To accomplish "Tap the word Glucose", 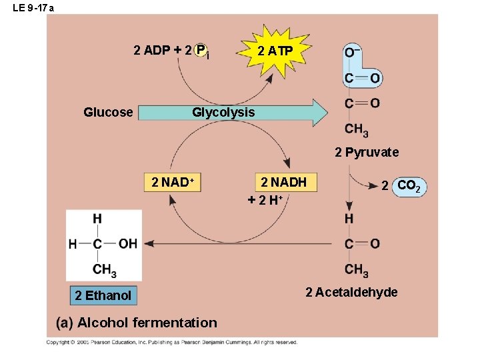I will point(108,112).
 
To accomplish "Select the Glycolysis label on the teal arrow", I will point(223,112).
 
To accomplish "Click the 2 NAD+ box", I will point(173,182).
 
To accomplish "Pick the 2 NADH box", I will point(283,182).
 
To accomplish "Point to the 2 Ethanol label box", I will point(103,295).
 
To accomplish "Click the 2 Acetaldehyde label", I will point(351,292).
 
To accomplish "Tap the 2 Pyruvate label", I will point(367,152).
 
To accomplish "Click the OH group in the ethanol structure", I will point(127,243).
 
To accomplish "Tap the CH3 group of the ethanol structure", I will point(105,270).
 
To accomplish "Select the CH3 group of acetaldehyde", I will point(357,270).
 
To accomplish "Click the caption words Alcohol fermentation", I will point(147,323).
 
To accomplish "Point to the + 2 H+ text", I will point(265,199).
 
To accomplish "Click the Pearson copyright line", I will point(171,342).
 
